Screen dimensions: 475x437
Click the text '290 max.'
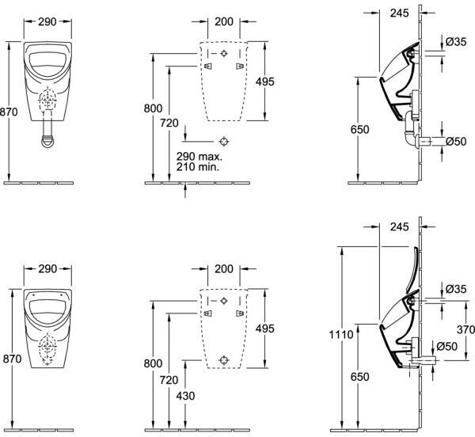[199, 157]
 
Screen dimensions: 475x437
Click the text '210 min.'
[197, 167]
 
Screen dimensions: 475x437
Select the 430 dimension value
[185, 396]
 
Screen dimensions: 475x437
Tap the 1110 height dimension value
[341, 335]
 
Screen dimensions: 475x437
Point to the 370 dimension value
[466, 329]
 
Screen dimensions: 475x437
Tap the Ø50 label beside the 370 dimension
[446, 346]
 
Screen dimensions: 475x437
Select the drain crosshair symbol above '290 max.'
[224, 141]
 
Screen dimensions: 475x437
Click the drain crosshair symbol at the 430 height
[224, 360]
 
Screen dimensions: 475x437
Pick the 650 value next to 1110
[360, 376]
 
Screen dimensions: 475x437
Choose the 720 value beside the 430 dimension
[169, 379]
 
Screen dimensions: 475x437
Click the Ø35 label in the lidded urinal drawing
[456, 289]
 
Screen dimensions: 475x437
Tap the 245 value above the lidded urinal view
[400, 226]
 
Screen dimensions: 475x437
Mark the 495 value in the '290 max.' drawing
[264, 82]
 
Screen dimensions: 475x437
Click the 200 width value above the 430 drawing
[224, 268]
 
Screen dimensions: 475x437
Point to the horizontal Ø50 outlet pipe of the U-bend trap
[424, 142]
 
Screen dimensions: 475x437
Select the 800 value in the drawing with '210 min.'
[153, 108]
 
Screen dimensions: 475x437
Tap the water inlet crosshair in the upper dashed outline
[224, 53]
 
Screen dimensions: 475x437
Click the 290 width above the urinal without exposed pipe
[47, 268]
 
